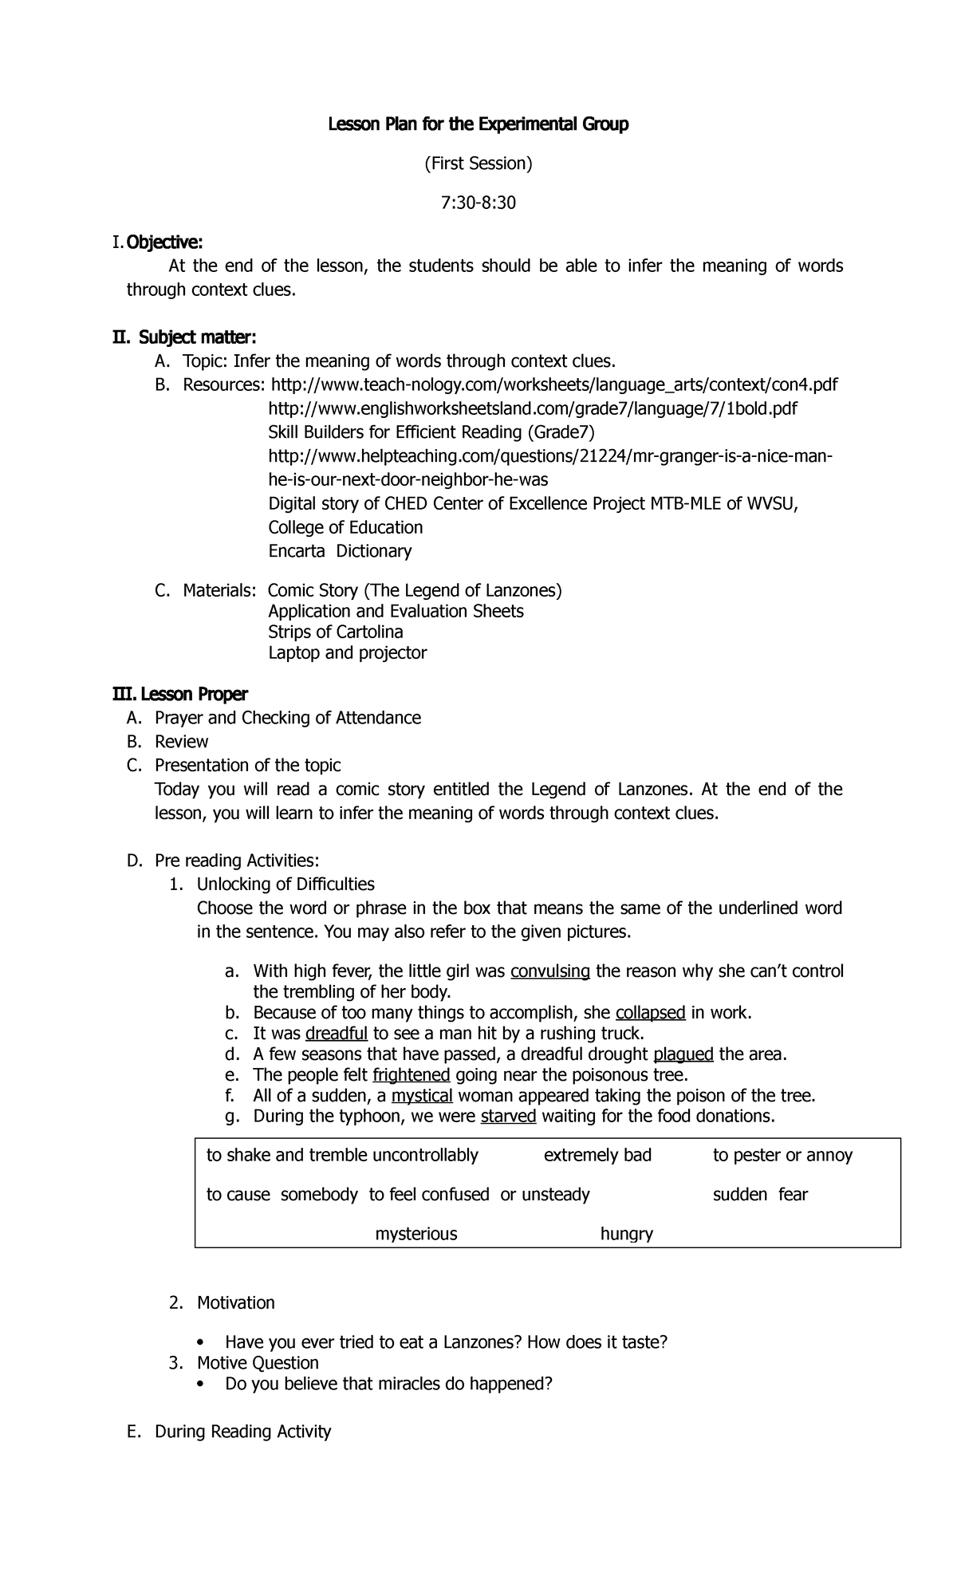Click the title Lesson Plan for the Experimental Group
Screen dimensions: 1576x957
(x=478, y=124)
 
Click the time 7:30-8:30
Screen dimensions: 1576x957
(x=478, y=203)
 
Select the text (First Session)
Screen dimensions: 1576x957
(x=478, y=164)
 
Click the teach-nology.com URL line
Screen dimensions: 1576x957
(x=554, y=385)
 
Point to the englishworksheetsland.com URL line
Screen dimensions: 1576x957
(x=532, y=409)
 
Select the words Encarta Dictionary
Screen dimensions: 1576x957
(x=340, y=551)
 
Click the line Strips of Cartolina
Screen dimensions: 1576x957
(x=335, y=632)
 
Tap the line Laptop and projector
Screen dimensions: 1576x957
(x=347, y=652)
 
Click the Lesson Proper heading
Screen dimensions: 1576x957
(x=179, y=694)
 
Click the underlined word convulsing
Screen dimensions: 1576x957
(x=549, y=971)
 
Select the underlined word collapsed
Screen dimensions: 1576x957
(x=650, y=1013)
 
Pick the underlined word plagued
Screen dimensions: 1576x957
(x=683, y=1054)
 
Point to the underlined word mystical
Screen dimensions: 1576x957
(x=422, y=1096)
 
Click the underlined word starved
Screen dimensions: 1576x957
(x=508, y=1116)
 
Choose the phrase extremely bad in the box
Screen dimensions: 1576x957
(x=597, y=1155)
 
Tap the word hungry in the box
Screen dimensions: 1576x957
(x=626, y=1234)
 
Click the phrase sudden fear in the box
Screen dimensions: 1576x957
(x=759, y=1194)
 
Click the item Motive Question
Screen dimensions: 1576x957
(x=258, y=1362)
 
